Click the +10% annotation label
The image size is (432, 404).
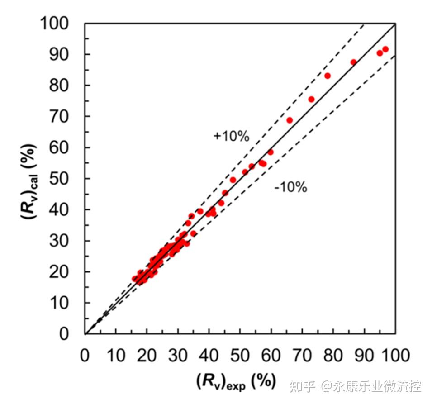coord(231,137)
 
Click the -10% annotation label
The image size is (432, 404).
coord(290,187)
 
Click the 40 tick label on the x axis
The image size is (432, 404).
coord(209,355)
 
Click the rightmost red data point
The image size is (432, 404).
coord(385,49)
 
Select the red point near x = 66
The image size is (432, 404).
coord(290,120)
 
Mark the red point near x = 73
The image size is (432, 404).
coord(311,99)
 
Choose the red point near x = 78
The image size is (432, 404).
coord(328,76)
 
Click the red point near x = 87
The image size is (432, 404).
coord(354,62)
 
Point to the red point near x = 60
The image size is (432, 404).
coord(271,152)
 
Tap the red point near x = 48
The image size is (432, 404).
coord(233,180)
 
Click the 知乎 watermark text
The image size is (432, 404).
coord(302,387)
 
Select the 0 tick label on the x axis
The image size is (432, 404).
coord(85,355)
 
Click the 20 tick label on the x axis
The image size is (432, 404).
coord(147,355)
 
